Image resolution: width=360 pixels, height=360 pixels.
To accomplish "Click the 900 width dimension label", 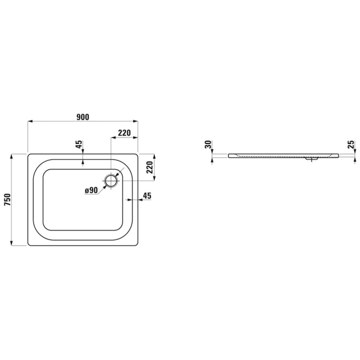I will pyautogui.click(x=83, y=117).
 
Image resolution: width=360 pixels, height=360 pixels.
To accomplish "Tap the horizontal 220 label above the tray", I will pyautogui.click(x=123, y=133).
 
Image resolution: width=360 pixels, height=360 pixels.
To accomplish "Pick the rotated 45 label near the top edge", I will pyautogui.click(x=79, y=145).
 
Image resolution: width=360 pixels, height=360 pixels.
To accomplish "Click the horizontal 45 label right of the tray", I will pyautogui.click(x=147, y=195).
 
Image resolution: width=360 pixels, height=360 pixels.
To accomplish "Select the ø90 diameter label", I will pyautogui.click(x=92, y=190).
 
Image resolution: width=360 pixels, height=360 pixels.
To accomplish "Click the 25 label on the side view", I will pyautogui.click(x=351, y=145).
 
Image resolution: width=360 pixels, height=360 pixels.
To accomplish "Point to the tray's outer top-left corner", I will pyautogui.click(x=28, y=153).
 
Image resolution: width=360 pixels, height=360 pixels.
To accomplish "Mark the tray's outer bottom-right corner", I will pyautogui.click(x=137, y=245).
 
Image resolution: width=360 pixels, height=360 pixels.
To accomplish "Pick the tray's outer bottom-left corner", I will pyautogui.click(x=28, y=245).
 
